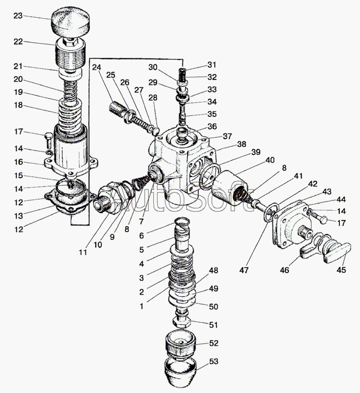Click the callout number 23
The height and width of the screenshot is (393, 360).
pyautogui.click(x=18, y=16)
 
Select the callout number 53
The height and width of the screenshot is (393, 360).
pyautogui.click(x=214, y=361)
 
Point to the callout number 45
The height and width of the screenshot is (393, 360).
pyautogui.click(x=341, y=270)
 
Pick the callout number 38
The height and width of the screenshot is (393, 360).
pyautogui.click(x=242, y=144)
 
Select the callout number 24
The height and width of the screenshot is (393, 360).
pyautogui.click(x=96, y=67)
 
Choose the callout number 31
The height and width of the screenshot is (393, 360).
pyautogui.click(x=212, y=65)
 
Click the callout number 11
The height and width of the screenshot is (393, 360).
pyautogui.click(x=83, y=252)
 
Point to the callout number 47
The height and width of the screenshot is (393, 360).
pyautogui.click(x=244, y=270)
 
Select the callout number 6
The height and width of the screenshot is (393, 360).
pyautogui.click(x=141, y=236)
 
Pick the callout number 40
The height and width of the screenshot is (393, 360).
pyautogui.click(x=270, y=160)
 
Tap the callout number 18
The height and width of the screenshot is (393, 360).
pyautogui.click(x=18, y=105)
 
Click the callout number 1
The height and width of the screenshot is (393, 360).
pyautogui.click(x=141, y=306)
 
